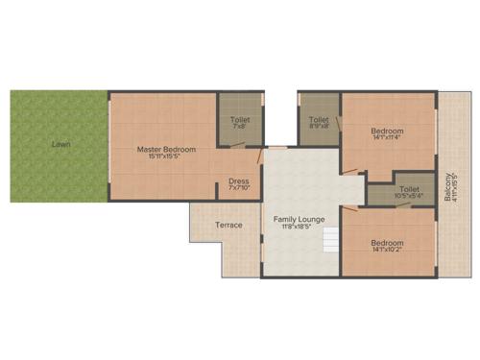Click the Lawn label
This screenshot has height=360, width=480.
(61, 144)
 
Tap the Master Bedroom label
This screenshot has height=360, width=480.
(166, 149)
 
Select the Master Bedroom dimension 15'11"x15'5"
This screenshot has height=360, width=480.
(166, 156)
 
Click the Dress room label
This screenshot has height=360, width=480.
(239, 180)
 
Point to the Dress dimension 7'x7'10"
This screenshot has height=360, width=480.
(239, 187)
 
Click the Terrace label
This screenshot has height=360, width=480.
(228, 225)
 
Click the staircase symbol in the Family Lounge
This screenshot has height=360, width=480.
(330, 239)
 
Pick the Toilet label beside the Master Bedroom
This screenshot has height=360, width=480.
(239, 119)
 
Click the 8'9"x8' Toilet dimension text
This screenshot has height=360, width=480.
(319, 126)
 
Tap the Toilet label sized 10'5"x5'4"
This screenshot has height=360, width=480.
(409, 189)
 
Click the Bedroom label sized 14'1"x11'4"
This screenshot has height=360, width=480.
(387, 131)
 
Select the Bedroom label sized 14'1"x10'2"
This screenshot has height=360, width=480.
(387, 242)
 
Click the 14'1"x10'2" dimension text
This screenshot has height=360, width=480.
(387, 250)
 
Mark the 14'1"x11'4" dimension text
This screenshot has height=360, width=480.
(387, 138)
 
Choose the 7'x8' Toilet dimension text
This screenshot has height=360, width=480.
(239, 126)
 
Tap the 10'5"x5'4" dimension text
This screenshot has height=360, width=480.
(409, 197)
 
